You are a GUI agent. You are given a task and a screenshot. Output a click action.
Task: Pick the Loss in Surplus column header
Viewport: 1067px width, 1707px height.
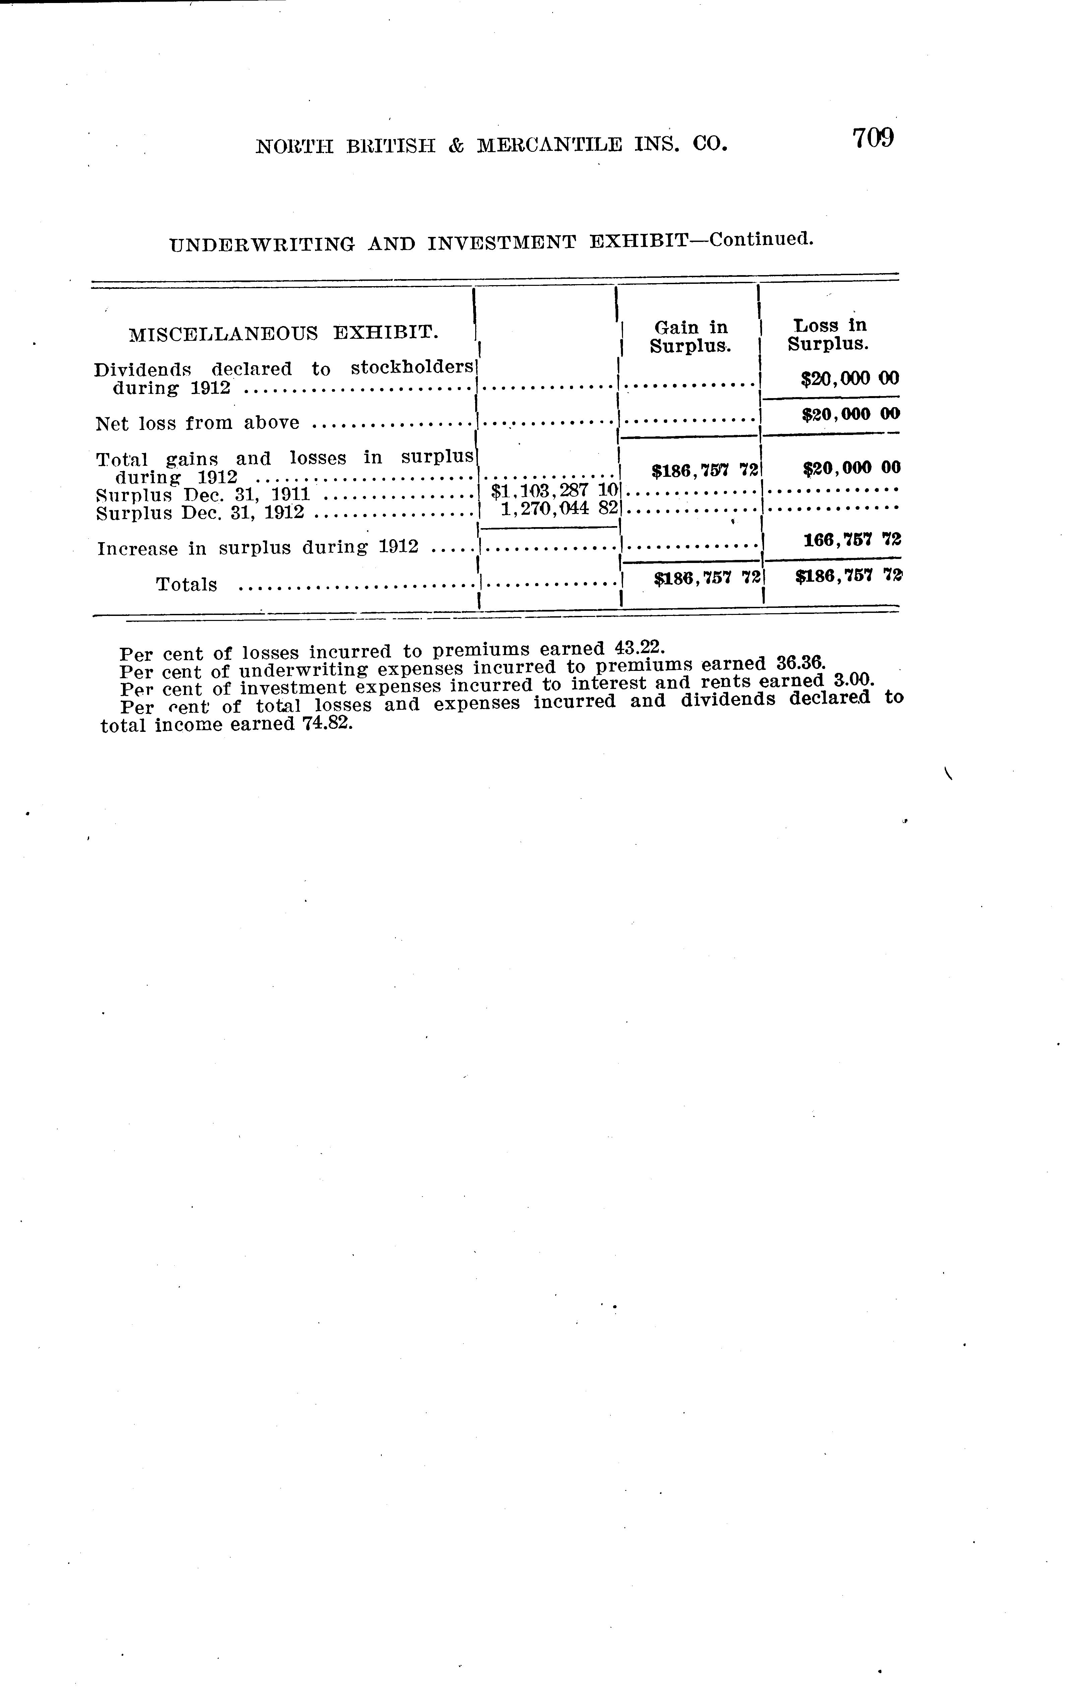[828, 334]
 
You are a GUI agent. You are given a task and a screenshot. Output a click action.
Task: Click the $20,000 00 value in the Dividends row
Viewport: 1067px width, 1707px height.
[850, 379]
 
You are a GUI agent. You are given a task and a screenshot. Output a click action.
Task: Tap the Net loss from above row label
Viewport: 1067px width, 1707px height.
[198, 423]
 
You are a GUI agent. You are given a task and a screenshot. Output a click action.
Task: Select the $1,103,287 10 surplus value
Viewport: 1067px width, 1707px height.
[555, 489]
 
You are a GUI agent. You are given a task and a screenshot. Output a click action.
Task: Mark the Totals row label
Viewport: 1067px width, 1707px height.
[186, 585]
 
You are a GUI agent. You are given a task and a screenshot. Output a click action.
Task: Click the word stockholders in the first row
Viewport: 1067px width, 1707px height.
[412, 368]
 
